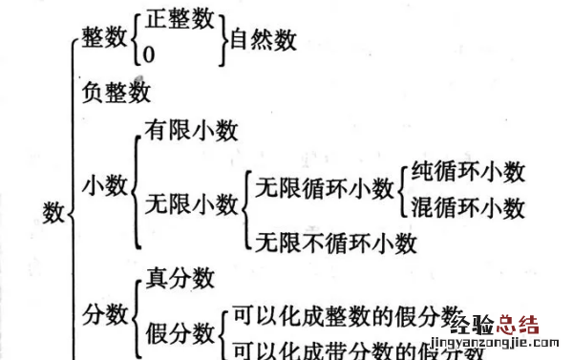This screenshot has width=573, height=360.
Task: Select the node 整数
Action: point(104,39)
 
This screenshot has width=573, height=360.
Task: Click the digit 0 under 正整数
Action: point(149,55)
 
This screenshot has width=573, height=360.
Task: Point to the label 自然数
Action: point(260,39)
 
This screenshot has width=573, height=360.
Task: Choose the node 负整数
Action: point(117,94)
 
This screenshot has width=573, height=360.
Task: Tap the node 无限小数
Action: point(190,203)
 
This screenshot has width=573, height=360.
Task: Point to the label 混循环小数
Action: point(468,205)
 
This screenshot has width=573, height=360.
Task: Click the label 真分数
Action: point(179,279)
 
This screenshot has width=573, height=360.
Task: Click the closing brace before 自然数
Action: point(223,39)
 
